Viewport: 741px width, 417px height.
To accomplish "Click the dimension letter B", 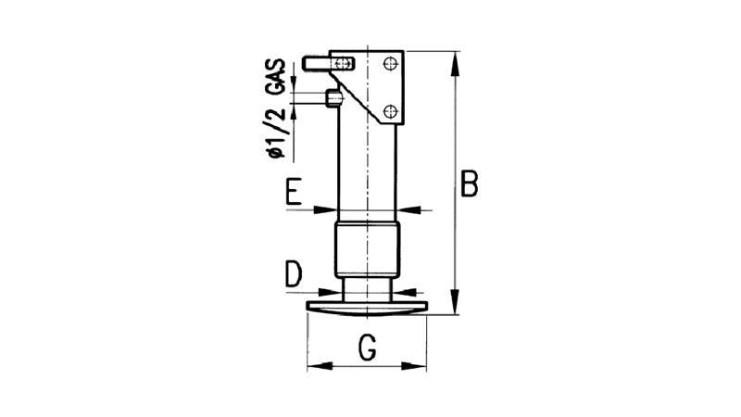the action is point(470,183).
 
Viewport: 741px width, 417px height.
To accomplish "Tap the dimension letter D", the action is point(294,274).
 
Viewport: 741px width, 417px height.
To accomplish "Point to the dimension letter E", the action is point(294,192).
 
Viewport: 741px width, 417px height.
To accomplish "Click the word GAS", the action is point(276,76).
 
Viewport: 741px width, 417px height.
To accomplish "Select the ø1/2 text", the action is point(276,133).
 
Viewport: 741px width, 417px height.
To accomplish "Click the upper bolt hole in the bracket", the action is point(390,63).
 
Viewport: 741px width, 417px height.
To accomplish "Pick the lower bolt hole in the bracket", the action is point(390,111).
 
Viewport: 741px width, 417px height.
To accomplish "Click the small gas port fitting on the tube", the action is point(333,98).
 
